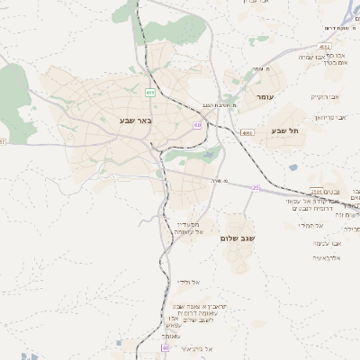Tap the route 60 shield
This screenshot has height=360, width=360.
[195, 125]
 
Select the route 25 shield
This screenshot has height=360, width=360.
[255, 187]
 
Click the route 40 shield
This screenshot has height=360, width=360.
[165, 346]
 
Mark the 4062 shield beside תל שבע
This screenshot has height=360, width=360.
[247, 132]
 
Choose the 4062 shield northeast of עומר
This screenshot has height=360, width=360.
[323, 45]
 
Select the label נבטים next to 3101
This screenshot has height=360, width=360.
[337, 191]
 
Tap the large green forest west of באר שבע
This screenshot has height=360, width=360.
[13, 90]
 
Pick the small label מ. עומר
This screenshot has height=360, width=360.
[262, 69]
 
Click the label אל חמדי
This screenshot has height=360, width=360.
[324, 225]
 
